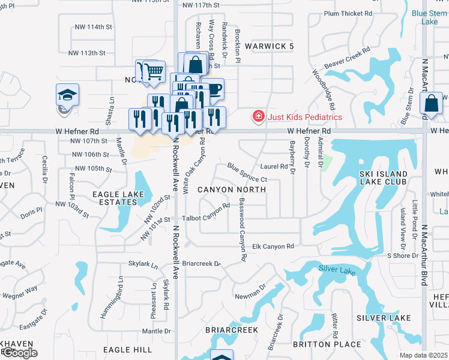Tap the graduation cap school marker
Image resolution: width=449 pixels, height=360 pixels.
(67, 95)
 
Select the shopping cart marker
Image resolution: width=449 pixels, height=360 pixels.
(154, 71)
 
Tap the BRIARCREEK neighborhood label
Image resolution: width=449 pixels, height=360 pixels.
(232, 330)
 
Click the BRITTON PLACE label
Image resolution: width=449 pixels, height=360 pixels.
(327, 344)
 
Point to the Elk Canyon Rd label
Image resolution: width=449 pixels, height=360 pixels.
(273, 246)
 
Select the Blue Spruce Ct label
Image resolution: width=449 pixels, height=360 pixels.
(247, 172)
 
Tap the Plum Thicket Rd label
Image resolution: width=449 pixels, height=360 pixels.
(348, 13)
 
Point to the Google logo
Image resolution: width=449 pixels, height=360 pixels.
(19, 353)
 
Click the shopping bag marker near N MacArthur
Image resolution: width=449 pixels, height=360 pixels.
(432, 103)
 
